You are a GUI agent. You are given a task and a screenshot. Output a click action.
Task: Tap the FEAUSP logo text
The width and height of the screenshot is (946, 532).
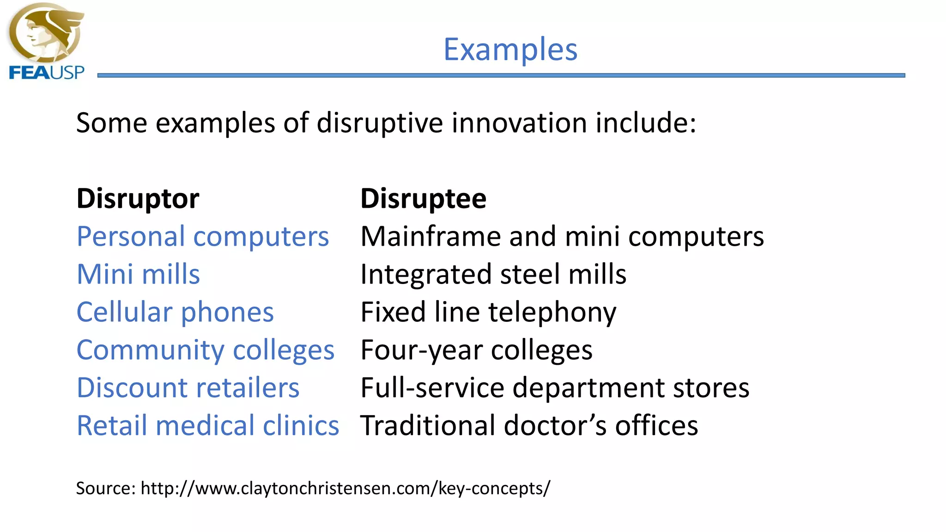point(47,73)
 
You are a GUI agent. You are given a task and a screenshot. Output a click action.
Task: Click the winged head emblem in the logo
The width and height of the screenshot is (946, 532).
point(45,33)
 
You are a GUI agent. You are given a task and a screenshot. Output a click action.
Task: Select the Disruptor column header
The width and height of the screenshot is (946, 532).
point(138,199)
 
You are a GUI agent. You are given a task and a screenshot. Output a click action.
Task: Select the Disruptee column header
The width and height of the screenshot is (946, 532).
point(423,199)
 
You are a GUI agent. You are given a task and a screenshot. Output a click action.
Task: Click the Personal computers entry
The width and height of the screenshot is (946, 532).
point(202,236)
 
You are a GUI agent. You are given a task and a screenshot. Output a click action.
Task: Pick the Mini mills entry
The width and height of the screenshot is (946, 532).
point(138,274)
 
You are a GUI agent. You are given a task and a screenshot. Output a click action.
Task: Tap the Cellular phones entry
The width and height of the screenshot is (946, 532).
point(175,312)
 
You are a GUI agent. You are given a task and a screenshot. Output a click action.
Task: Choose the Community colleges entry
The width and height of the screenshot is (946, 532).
point(205,350)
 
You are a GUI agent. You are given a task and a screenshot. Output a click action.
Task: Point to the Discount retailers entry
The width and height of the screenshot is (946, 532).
point(188,387)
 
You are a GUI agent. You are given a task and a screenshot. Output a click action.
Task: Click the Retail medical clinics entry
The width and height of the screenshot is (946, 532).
point(207,425)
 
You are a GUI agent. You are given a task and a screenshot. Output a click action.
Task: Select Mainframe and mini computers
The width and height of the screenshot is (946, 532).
point(562,236)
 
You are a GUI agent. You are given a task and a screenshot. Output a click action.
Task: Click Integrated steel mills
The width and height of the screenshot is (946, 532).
point(493,274)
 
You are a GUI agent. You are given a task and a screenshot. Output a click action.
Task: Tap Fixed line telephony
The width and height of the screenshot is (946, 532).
point(488,312)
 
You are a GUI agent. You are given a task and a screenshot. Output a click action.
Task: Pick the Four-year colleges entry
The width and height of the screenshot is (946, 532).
point(476,350)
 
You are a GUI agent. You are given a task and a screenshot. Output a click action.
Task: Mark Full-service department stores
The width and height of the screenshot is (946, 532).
point(554,387)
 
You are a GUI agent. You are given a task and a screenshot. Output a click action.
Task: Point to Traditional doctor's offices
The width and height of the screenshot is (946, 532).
point(529,425)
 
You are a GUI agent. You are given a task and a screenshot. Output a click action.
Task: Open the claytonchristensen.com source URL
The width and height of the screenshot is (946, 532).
point(346,488)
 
